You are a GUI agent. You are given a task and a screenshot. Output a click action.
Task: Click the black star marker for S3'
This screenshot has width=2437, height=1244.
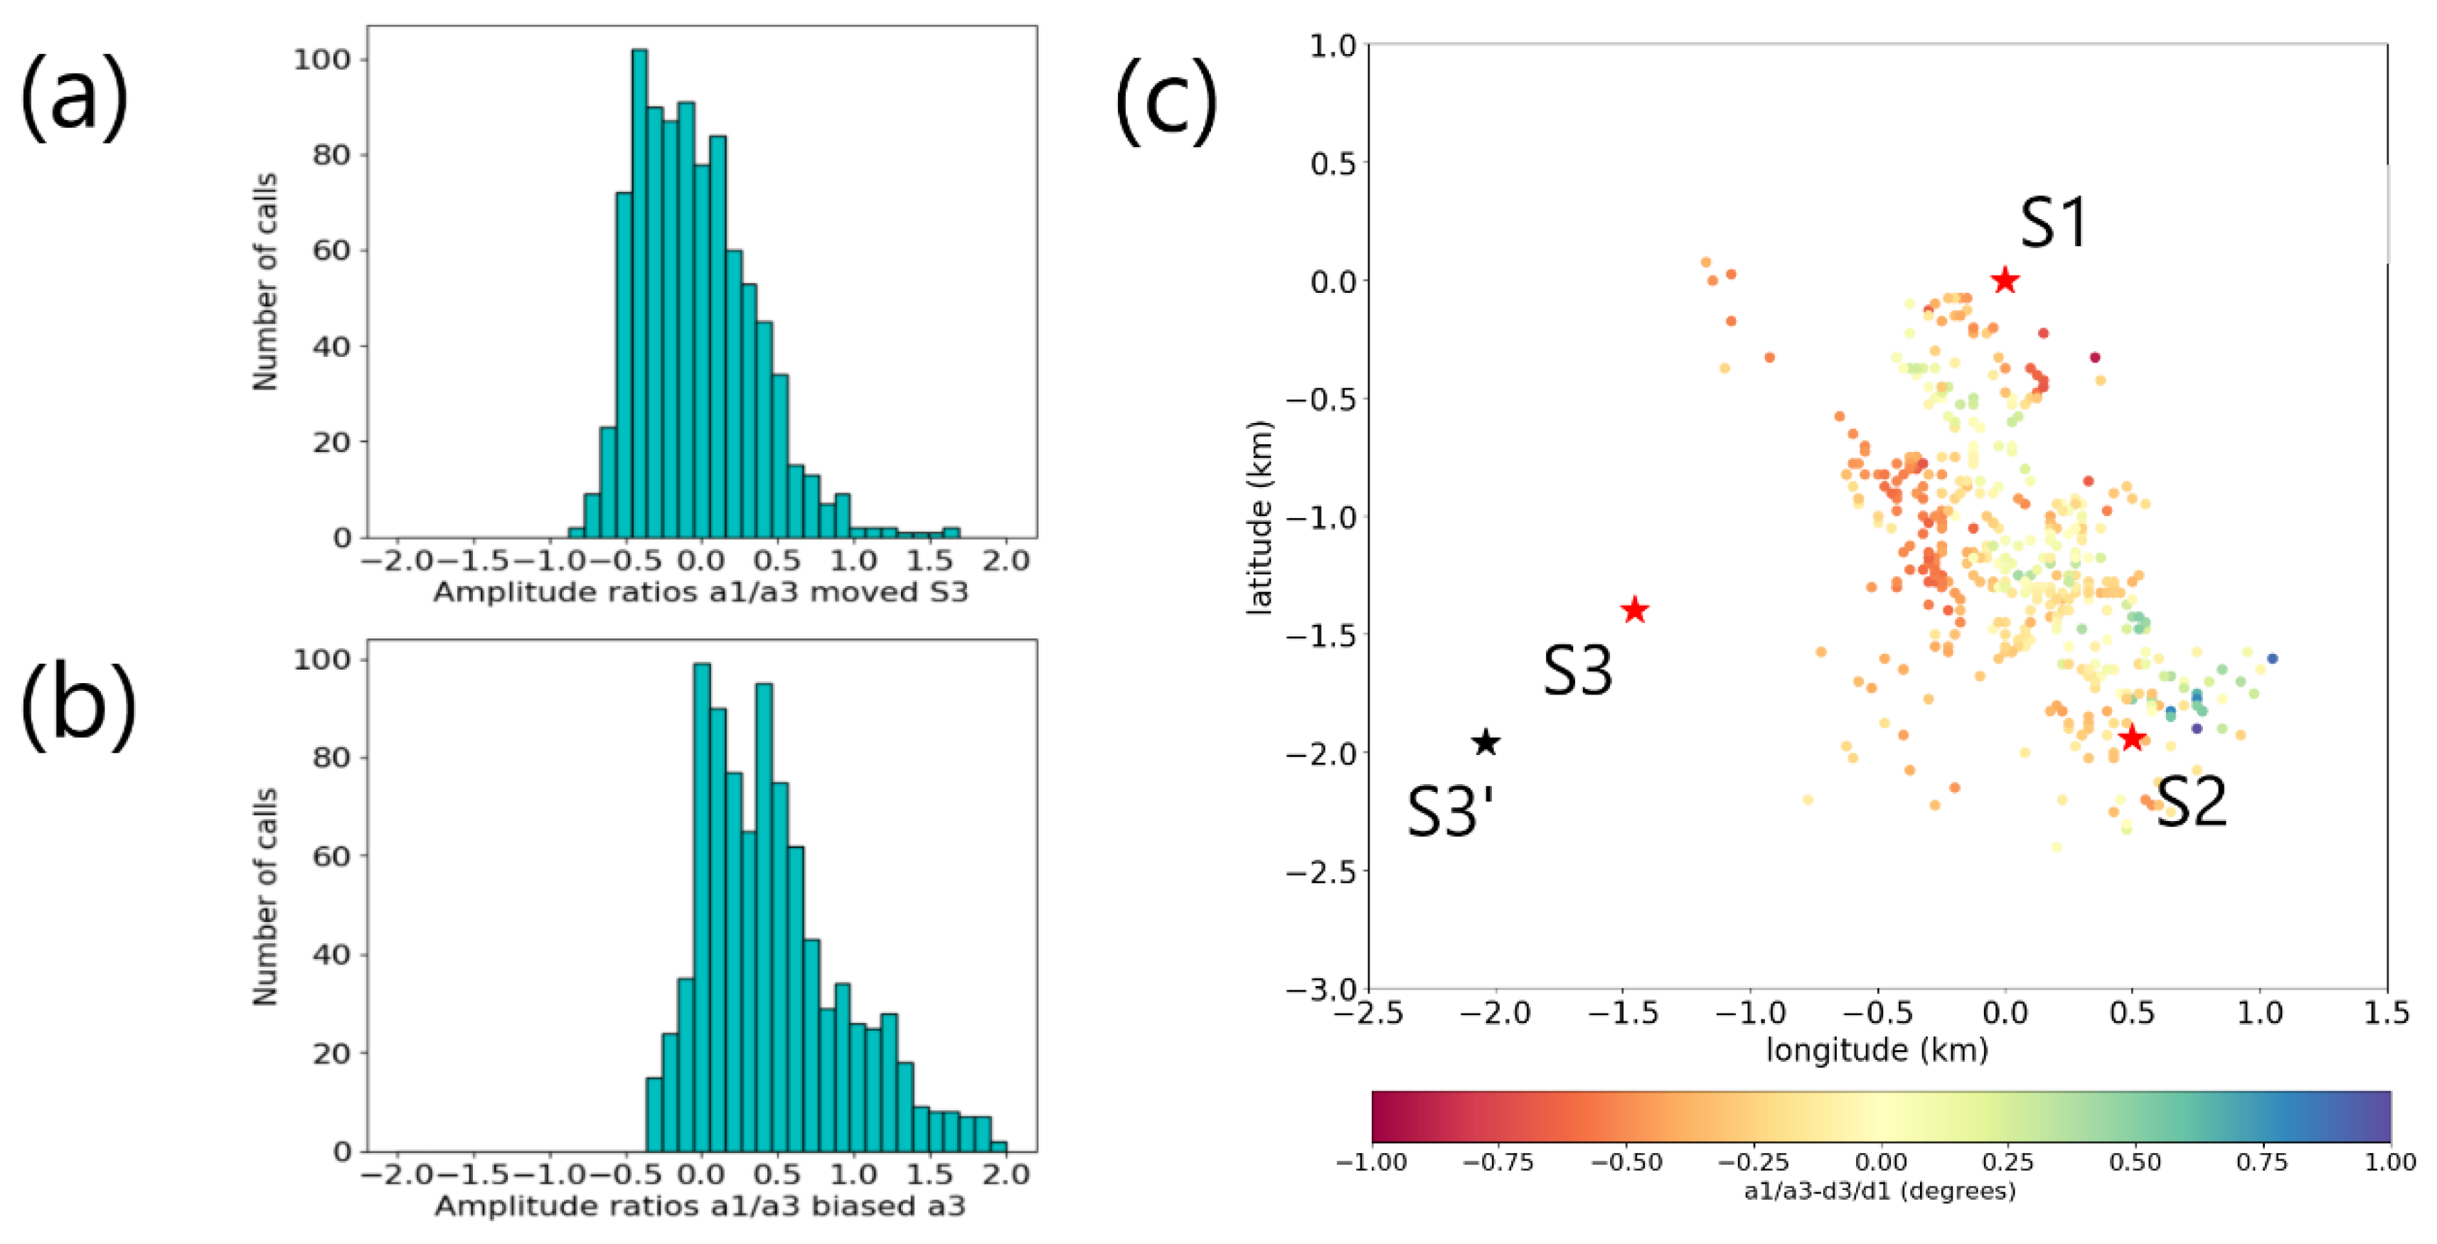(1486, 743)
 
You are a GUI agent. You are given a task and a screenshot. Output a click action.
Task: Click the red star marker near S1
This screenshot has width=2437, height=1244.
(2005, 280)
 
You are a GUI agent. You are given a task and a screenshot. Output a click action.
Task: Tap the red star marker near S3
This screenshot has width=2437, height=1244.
(1635, 610)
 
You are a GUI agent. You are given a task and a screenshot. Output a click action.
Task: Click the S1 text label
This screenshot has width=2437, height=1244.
(2053, 224)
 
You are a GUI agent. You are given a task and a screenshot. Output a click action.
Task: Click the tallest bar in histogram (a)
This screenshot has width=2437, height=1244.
(639, 294)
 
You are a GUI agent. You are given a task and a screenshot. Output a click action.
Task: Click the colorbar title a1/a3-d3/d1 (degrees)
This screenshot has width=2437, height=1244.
(1879, 1191)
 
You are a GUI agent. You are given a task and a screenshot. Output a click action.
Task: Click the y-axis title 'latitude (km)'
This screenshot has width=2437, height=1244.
(1259, 518)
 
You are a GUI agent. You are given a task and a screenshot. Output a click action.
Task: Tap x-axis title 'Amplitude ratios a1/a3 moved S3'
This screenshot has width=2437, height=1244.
(701, 593)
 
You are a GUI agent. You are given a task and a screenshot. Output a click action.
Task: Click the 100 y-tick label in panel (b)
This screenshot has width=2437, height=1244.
(321, 660)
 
